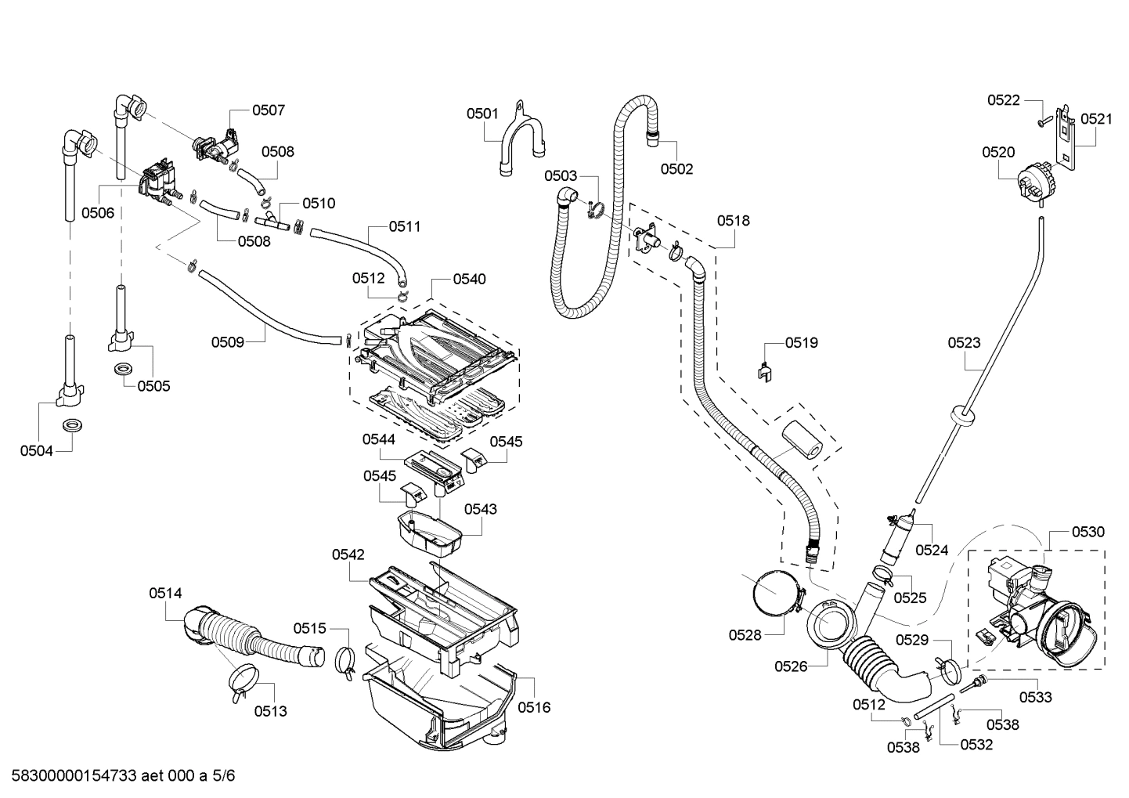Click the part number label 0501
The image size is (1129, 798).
coord(482,114)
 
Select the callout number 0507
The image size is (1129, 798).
coord(269,110)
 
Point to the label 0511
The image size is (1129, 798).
coord(405,226)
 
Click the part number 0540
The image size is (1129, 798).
coord(469,279)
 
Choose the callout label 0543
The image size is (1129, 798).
coord(480,509)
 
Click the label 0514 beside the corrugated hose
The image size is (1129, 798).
coord(165,594)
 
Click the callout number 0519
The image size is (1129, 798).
coord(802,342)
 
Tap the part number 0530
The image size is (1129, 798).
coord(1088,532)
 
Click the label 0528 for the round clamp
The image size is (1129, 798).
coord(745,635)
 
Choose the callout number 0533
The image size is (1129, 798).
coord(1036,697)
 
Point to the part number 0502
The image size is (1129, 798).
coord(676,168)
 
